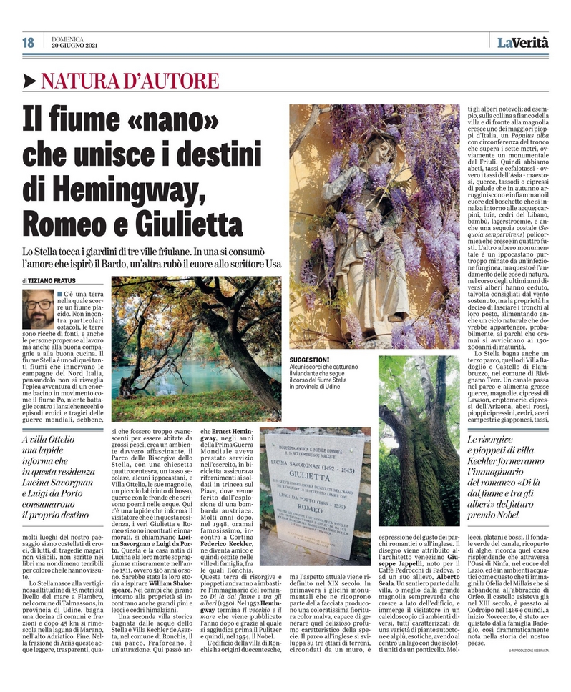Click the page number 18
click(29, 43)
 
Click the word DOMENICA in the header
click(68, 39)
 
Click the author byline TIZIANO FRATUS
click(54, 281)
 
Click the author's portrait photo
click(37, 309)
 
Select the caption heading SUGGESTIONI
click(309, 360)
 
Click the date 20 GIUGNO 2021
click(74, 46)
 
